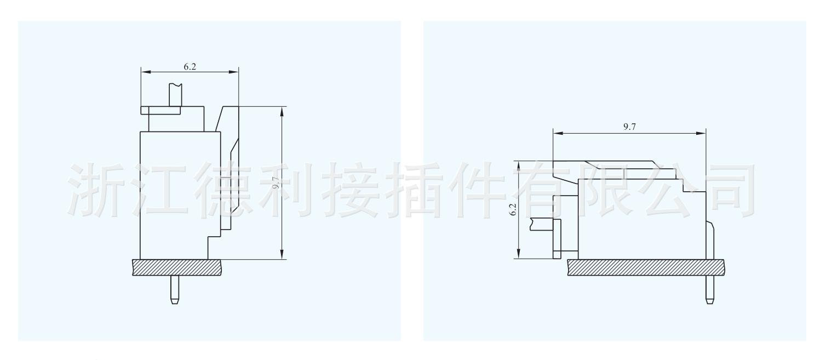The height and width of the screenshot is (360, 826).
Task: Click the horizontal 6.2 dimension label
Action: pos(190,66)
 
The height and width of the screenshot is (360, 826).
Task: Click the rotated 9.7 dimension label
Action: pos(277,182)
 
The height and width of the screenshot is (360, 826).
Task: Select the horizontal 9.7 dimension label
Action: pos(629,127)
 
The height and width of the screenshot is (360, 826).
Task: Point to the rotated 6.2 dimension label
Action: pos(513,209)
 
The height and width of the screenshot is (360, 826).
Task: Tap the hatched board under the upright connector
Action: pos(177,267)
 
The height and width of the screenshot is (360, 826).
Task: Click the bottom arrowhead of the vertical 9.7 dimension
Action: pos(282,254)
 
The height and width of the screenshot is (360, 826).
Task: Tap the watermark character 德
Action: pos(226,187)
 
